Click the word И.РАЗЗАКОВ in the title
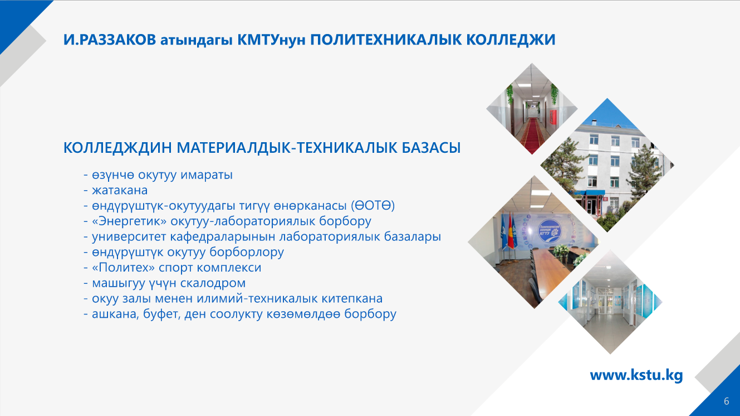click(x=110, y=40)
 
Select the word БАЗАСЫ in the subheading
click(x=431, y=148)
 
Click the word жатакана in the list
click(x=120, y=190)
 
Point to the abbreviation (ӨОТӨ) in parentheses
click(x=373, y=206)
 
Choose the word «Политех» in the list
click(x=123, y=268)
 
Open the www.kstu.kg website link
click(x=636, y=375)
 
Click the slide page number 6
click(x=727, y=401)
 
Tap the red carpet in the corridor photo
click(x=532, y=135)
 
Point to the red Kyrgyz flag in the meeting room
click(x=511, y=231)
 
